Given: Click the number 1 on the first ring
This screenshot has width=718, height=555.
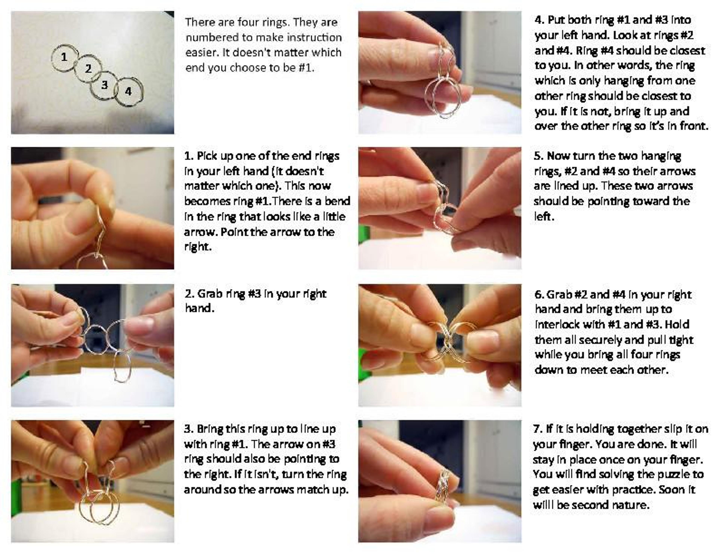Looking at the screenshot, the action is pyautogui.click(x=64, y=57).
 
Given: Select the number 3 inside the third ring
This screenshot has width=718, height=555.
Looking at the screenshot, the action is pyautogui.click(x=105, y=85).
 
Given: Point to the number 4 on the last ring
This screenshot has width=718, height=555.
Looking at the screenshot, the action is pyautogui.click(x=128, y=91).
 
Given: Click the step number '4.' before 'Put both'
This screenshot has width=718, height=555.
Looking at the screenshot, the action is pyautogui.click(x=539, y=20).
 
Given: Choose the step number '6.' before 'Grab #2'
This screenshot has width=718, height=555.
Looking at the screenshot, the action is pyautogui.click(x=539, y=294).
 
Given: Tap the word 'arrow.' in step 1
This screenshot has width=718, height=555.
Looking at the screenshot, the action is pyautogui.click(x=201, y=232).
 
